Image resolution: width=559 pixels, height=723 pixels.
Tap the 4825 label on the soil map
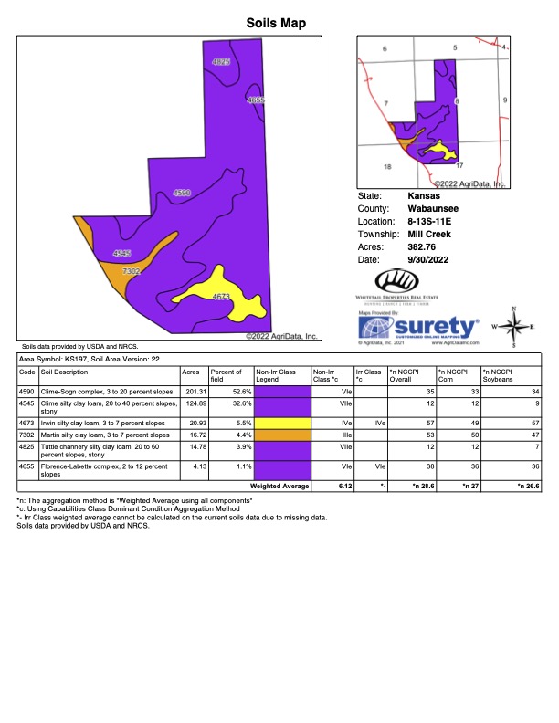221,61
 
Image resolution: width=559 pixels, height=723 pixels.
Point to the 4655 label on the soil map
257,100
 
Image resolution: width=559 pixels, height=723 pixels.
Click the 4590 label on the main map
182,193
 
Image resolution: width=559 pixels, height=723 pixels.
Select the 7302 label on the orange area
131,271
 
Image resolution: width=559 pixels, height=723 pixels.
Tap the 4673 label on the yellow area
221,297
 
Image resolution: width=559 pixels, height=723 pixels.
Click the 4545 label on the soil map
121,252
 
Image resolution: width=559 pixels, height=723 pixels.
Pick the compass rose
514,327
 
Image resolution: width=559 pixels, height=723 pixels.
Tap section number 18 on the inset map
386,167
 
